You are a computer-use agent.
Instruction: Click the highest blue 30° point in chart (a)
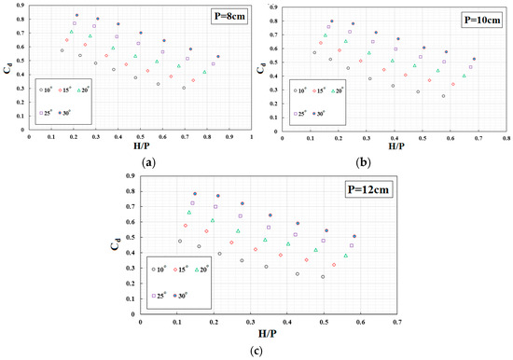click(x=76, y=16)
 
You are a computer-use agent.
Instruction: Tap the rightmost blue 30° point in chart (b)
click(x=474, y=59)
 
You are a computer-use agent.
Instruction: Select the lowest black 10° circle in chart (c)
click(x=323, y=277)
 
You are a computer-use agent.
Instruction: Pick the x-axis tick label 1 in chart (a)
click(x=251, y=136)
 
